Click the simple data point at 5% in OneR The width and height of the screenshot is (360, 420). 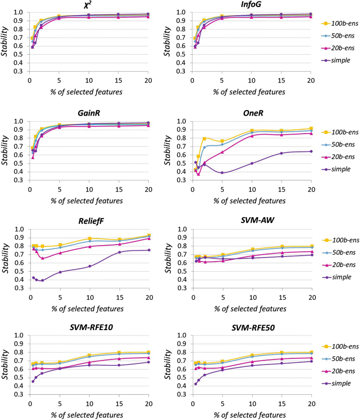tap(222, 173)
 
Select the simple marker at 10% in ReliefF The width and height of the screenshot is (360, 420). tap(89, 266)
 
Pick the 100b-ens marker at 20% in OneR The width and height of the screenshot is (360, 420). tap(310, 129)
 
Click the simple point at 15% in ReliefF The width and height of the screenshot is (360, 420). tap(119, 252)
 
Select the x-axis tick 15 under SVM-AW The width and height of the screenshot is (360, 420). tap(281, 296)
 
